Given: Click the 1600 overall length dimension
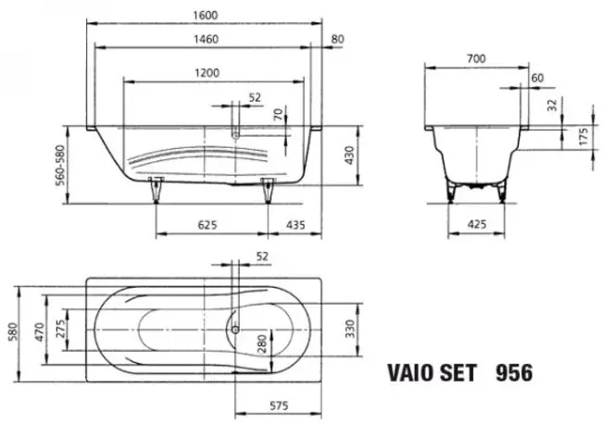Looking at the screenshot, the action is pyautogui.click(x=205, y=15).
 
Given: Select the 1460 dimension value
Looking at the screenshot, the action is pyautogui.click(x=207, y=39).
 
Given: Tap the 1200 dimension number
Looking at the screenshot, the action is pyautogui.click(x=207, y=72).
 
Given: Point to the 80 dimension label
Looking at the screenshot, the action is pyautogui.click(x=338, y=39).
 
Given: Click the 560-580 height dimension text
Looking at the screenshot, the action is pyautogui.click(x=60, y=166).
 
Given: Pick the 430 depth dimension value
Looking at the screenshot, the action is pyautogui.click(x=349, y=156).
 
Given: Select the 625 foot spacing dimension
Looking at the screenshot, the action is pyautogui.click(x=207, y=224).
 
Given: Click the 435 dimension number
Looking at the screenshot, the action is pyautogui.click(x=295, y=224).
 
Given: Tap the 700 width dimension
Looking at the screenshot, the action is pyautogui.click(x=476, y=58).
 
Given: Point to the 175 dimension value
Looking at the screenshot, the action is pyautogui.click(x=584, y=136).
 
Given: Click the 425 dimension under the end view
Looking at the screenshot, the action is pyautogui.click(x=476, y=224).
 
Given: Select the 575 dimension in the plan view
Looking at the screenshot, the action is pyautogui.click(x=279, y=405).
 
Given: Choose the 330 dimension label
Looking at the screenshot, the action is pyautogui.click(x=349, y=329).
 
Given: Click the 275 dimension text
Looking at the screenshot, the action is pyautogui.click(x=60, y=329).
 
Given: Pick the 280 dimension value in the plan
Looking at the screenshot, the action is pyautogui.click(x=261, y=344).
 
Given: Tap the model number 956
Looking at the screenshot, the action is pyautogui.click(x=514, y=373).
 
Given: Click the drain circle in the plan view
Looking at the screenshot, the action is pyautogui.click(x=235, y=330).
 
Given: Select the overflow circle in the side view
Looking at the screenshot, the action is pyautogui.click(x=235, y=135).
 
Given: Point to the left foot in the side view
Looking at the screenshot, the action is pyautogui.click(x=156, y=190).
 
